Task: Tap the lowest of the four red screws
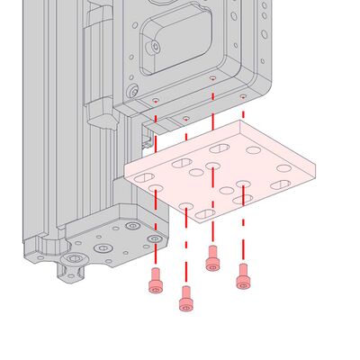point(186,298)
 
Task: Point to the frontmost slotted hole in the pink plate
point(205,214)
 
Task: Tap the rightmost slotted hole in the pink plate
point(281,184)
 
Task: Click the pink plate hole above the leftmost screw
point(156,189)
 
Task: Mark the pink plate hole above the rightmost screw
point(243,184)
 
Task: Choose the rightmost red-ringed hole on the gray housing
point(243,95)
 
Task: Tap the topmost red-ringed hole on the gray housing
point(212,78)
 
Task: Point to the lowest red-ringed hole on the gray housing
point(185,118)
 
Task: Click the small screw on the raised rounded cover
point(156,46)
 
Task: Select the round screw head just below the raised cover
point(133,91)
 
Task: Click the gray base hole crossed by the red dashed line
point(156,238)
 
